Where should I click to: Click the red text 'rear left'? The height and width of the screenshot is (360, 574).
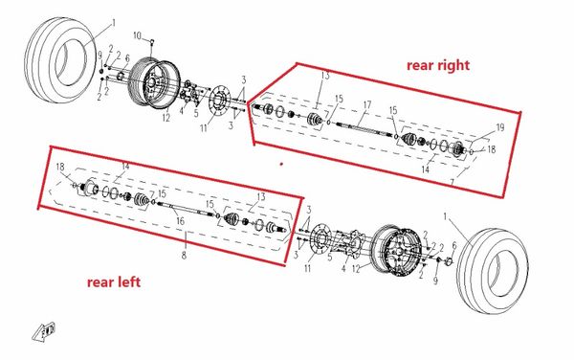(x=122, y=281)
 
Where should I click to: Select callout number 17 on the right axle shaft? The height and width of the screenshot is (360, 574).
(x=366, y=103)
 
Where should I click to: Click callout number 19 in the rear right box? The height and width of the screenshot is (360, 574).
(x=498, y=128)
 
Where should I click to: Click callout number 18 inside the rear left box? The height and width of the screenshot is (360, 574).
(x=60, y=168)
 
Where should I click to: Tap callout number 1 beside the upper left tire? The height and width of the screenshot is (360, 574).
(x=113, y=21)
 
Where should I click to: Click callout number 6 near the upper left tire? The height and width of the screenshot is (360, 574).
(x=126, y=58)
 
